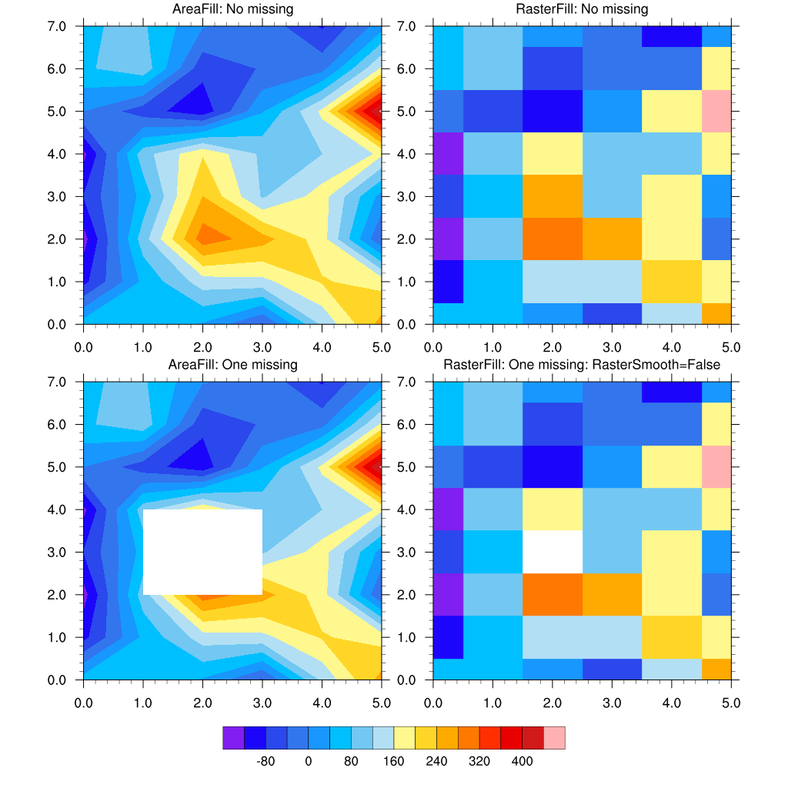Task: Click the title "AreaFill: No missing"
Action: pyautogui.click(x=232, y=9)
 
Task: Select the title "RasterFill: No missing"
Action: pyautogui.click(x=582, y=9)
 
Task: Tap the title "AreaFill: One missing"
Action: pyautogui.click(x=232, y=365)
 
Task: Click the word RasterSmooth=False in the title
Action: pyautogui.click(x=663, y=365)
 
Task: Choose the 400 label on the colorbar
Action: pyautogui.click(x=522, y=762)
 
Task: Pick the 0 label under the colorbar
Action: pyautogui.click(x=308, y=762)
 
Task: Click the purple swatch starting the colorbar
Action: pyautogui.click(x=233, y=737)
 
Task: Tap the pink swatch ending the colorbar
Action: pyautogui.click(x=554, y=737)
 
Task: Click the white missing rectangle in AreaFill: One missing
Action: pyautogui.click(x=203, y=552)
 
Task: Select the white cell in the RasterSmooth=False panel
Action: pyautogui.click(x=552, y=552)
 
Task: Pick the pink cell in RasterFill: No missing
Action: pyautogui.click(x=716, y=111)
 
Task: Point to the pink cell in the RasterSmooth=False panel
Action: pyautogui.click(x=716, y=466)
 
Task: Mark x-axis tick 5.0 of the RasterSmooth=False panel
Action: pyautogui.click(x=731, y=703)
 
